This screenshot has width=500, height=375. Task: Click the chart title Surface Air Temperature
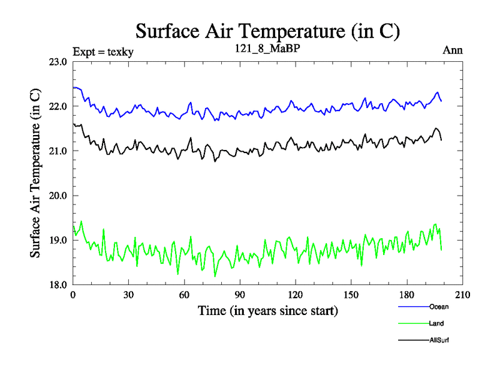(x=267, y=31)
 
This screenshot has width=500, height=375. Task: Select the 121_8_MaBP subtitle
(x=267, y=48)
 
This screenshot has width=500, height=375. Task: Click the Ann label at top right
(x=452, y=51)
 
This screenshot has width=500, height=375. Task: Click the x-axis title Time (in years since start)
(x=267, y=311)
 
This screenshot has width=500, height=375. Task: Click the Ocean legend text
(x=439, y=306)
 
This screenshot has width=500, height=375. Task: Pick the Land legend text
(x=437, y=323)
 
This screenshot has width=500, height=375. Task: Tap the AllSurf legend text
(x=439, y=340)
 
